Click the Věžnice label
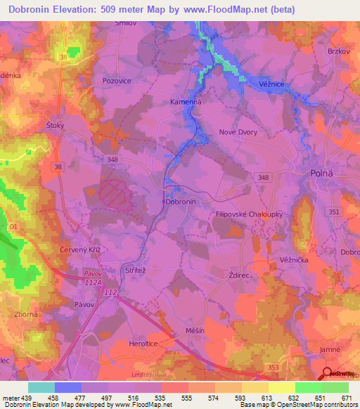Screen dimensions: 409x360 tap(271, 84)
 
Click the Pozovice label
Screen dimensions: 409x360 tap(117, 81)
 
